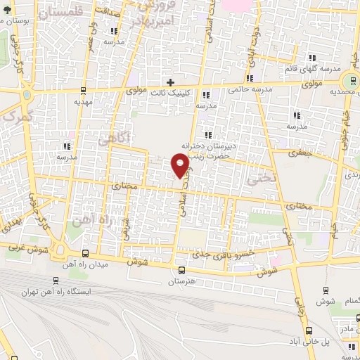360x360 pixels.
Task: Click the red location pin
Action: tap(181, 165)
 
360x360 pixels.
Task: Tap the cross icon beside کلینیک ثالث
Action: tap(169, 82)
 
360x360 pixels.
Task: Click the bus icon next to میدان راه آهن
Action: tap(85, 253)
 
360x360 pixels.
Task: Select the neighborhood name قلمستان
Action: tap(66, 11)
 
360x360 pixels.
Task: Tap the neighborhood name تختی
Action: tap(257, 178)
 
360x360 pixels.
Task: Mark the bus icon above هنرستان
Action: tap(181, 270)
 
